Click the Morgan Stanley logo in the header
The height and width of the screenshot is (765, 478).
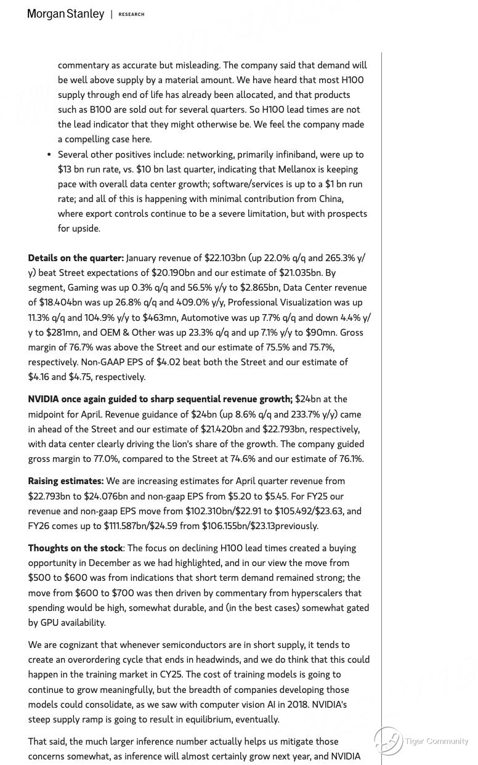(65, 14)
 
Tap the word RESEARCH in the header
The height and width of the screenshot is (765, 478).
(131, 15)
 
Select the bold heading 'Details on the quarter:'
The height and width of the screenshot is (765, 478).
(76, 258)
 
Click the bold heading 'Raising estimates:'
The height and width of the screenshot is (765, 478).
(65, 481)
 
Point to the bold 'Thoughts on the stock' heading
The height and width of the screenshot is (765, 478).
(76, 548)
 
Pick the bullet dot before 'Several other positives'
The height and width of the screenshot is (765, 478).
(49, 155)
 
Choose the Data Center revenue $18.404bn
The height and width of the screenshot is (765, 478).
(61, 302)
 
